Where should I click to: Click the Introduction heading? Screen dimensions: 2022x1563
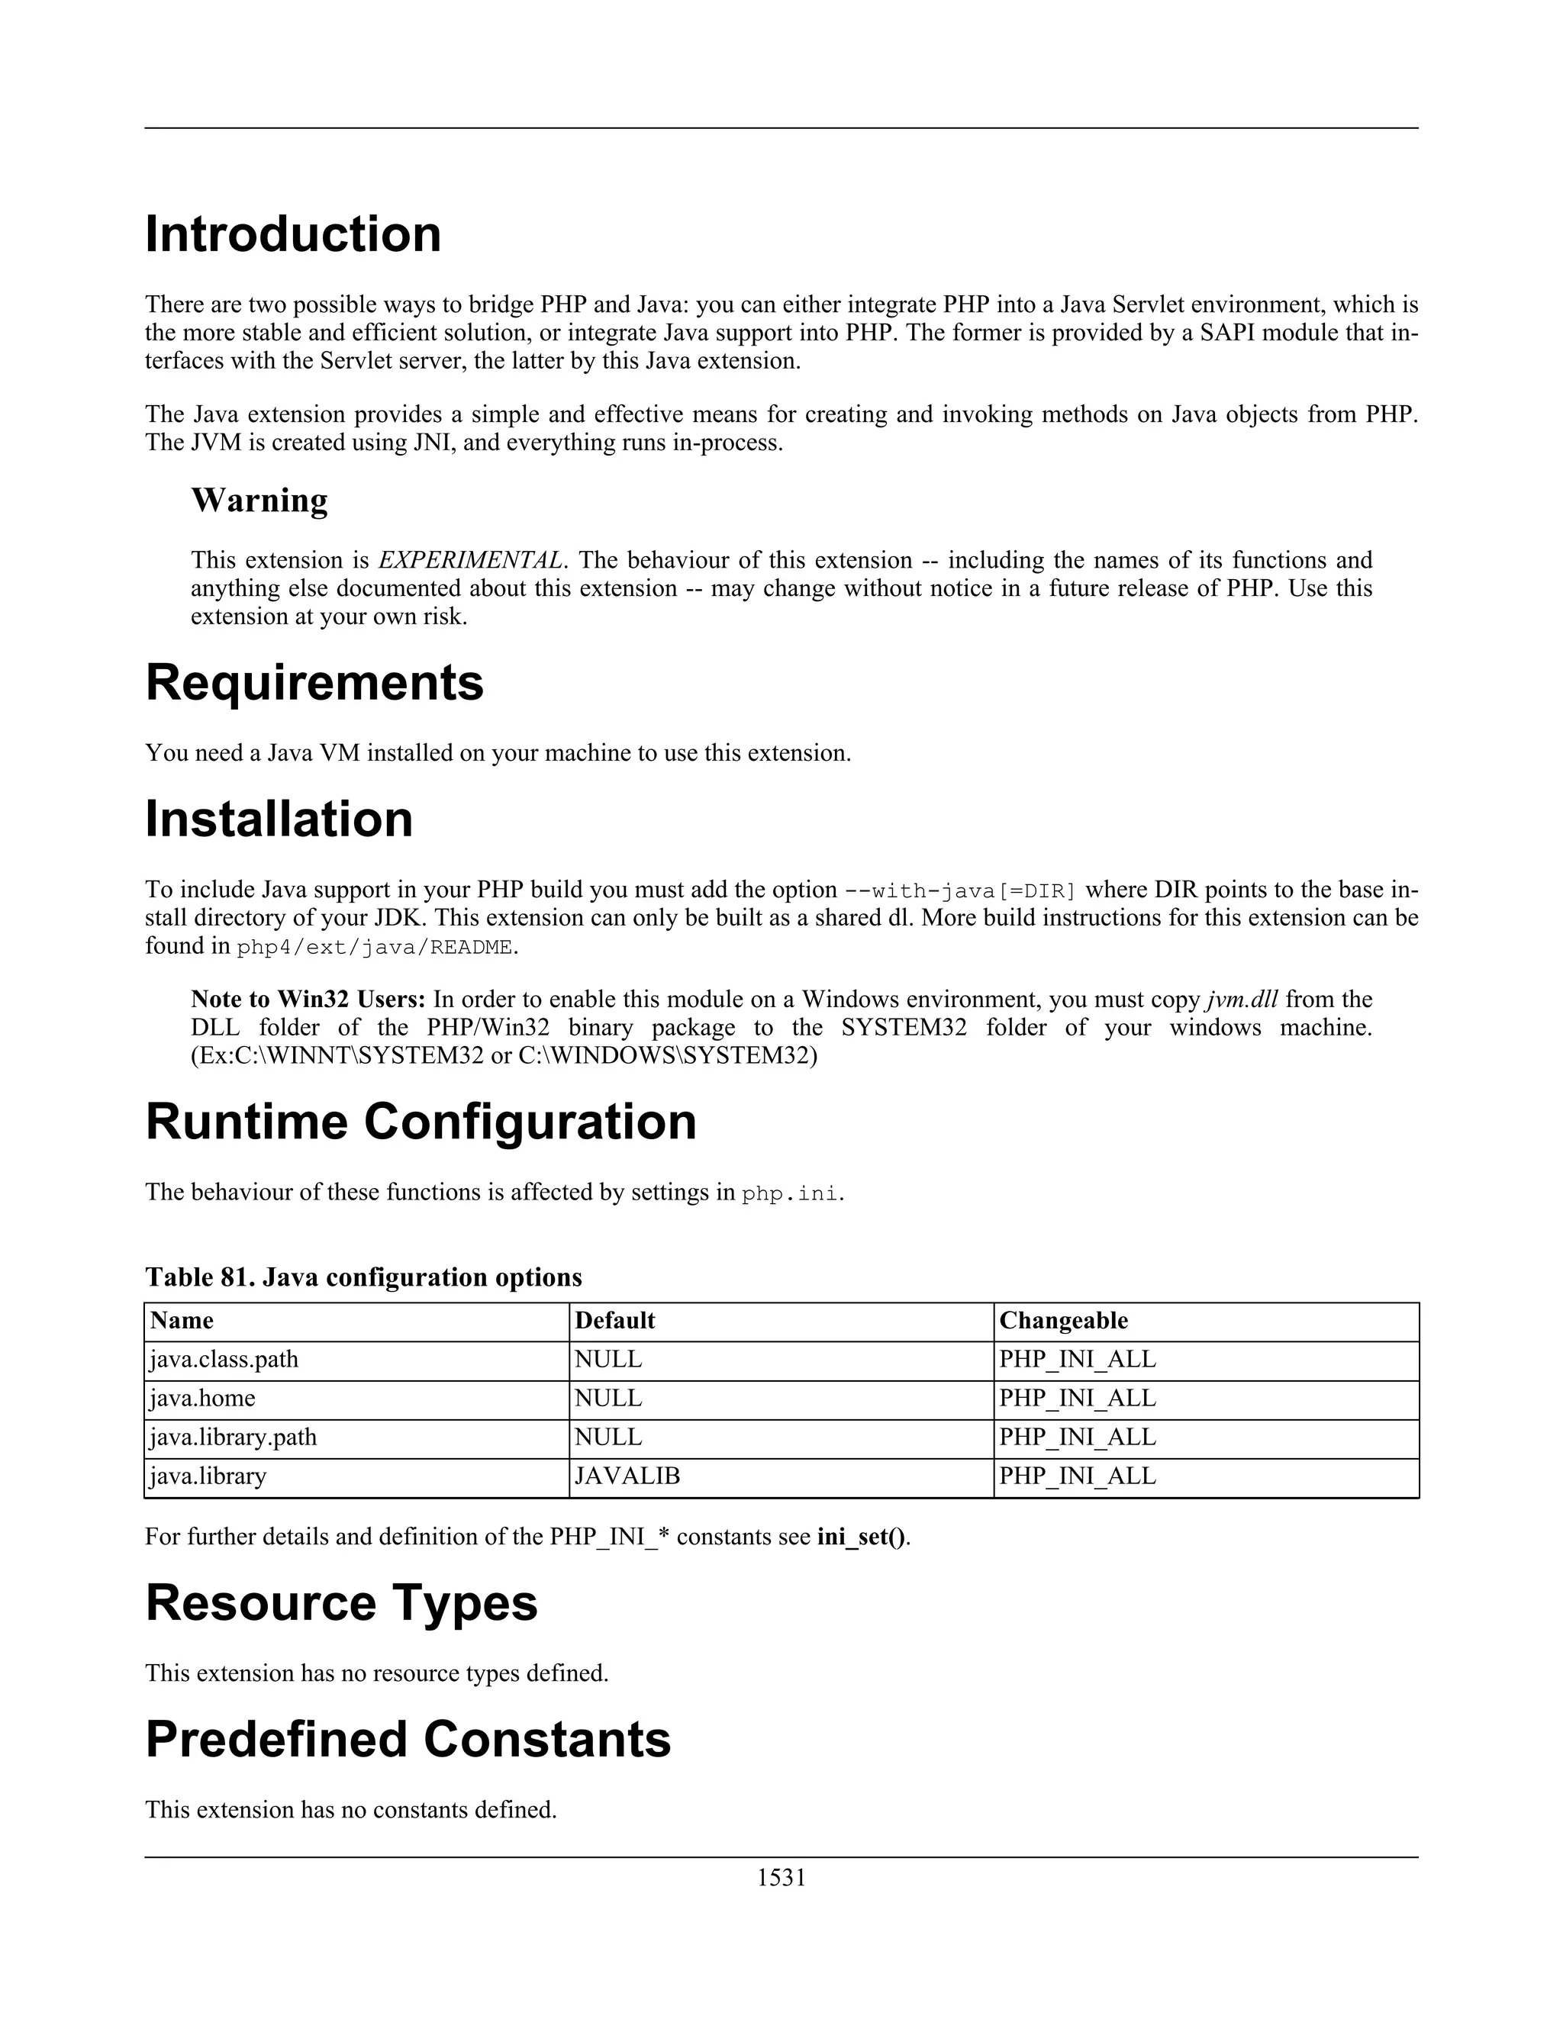coord(292,233)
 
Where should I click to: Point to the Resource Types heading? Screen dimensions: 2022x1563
coord(340,1602)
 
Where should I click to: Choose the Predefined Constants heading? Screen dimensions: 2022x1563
coord(408,1739)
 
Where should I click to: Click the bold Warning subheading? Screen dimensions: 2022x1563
coord(259,500)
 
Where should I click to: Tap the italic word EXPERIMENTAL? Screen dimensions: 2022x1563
coord(470,560)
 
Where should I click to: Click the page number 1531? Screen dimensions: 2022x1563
coord(781,1878)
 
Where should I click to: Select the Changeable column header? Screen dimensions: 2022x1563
coord(1063,1320)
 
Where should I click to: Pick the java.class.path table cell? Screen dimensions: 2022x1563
coord(223,1359)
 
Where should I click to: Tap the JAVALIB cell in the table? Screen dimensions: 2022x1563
coord(627,1476)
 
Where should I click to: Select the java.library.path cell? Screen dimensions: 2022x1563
coord(233,1437)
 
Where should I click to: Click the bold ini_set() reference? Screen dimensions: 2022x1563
coord(861,1537)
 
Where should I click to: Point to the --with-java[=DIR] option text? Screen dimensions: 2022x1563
coord(960,890)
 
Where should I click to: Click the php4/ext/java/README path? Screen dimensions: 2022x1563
coord(374,947)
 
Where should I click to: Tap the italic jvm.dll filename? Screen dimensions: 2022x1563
coord(1242,999)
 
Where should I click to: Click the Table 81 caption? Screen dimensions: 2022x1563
coord(363,1277)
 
